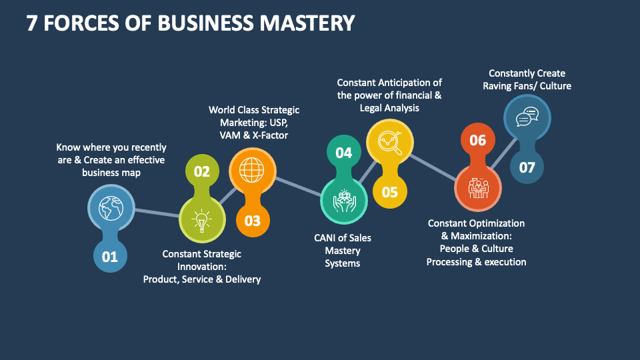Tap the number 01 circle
click(109, 256)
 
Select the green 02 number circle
click(201, 171)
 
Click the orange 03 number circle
click(253, 220)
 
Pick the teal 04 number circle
click(343, 153)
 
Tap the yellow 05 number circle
click(389, 192)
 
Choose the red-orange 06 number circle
click(477, 140)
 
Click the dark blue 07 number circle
click(527, 167)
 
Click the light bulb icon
click(201, 219)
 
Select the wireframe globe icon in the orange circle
click(252, 171)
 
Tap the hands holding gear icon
click(344, 200)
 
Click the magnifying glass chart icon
click(389, 143)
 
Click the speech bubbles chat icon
click(527, 117)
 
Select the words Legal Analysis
click(389, 107)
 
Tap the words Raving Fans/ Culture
click(527, 85)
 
